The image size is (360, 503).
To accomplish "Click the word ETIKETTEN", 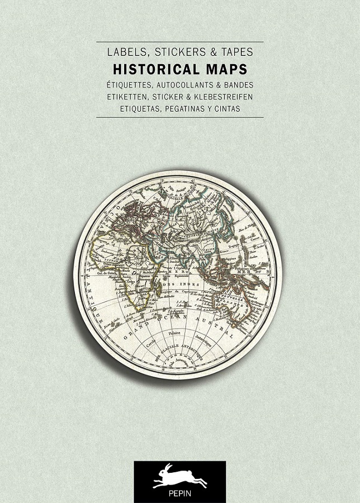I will pos(127,97).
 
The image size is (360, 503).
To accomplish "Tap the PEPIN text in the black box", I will pos(180,494).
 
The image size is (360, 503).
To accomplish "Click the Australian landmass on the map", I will pos(246,296).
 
